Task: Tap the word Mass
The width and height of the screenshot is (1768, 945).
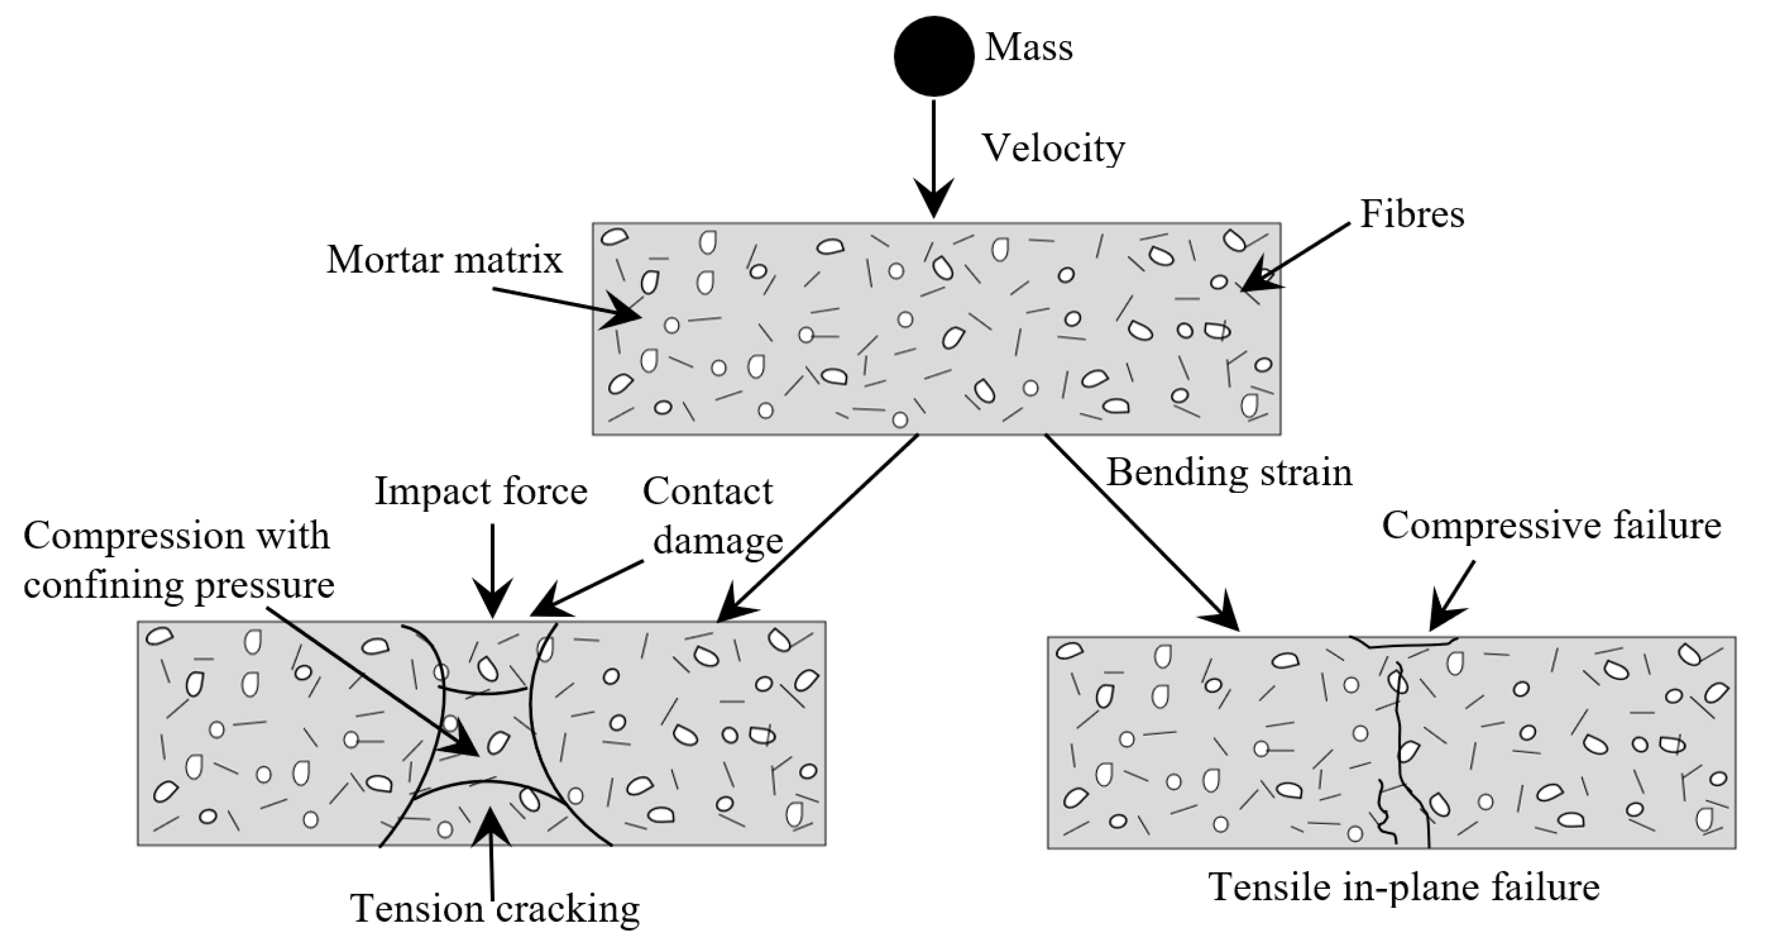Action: [1029, 47]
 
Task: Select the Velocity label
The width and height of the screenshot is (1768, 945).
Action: [1053, 148]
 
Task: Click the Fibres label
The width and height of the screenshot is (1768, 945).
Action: [1412, 214]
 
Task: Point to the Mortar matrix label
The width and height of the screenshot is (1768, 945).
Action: [444, 260]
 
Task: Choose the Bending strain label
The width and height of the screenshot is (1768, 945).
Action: [1229, 472]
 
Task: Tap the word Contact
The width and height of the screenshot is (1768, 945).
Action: [708, 492]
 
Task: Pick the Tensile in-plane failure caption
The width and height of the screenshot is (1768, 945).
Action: [1404, 887]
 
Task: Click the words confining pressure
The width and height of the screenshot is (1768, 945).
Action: [179, 586]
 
